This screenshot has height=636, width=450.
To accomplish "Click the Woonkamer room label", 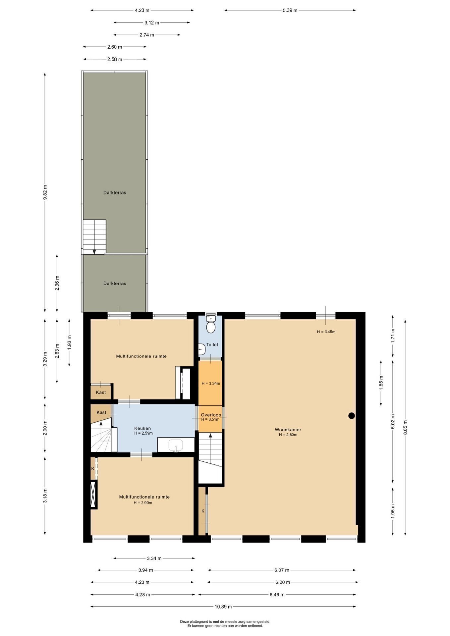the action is (x=288, y=430).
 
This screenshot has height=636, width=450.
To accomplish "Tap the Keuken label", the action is (x=142, y=428).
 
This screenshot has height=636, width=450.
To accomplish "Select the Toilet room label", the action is (x=212, y=344).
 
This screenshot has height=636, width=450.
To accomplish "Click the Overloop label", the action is (x=211, y=415).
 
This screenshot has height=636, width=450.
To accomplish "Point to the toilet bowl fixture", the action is (x=211, y=324).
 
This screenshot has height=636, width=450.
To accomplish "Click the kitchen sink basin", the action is (x=176, y=446).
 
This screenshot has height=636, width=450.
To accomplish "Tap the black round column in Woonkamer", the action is (x=352, y=415).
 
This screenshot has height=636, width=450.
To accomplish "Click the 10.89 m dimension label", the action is (x=223, y=607).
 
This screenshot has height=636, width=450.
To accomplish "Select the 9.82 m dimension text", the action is (x=45, y=192).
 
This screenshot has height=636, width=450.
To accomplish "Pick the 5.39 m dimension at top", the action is (x=290, y=10).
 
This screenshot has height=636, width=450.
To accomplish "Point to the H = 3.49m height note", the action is (x=326, y=332).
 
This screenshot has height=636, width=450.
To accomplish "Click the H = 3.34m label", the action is (x=211, y=383).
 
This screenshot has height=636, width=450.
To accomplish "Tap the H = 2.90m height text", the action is (x=143, y=503).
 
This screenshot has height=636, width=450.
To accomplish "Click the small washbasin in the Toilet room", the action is (x=201, y=349).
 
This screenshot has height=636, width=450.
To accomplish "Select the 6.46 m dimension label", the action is (x=277, y=595).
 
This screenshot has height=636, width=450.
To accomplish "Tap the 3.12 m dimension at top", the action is (x=152, y=23).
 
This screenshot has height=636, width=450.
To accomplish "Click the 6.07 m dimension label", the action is (x=282, y=570).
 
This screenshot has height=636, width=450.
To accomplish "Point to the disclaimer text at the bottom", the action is (x=225, y=624).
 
